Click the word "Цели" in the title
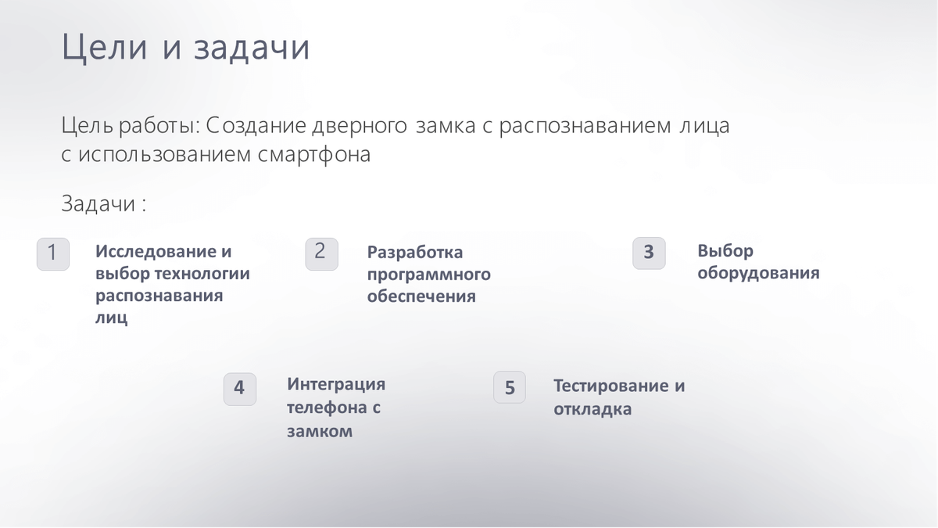(104, 48)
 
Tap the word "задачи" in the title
(251, 48)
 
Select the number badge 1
(53, 254)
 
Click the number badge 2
(321, 254)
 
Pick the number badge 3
(649, 253)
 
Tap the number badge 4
(239, 389)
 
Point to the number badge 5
(509, 387)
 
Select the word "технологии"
(202, 275)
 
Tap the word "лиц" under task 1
(111, 318)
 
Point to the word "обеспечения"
(421, 296)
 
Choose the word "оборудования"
(758, 273)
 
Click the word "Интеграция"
(336, 385)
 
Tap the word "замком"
(320, 432)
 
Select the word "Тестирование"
(610, 386)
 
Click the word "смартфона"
(314, 155)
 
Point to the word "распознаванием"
(585, 126)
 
